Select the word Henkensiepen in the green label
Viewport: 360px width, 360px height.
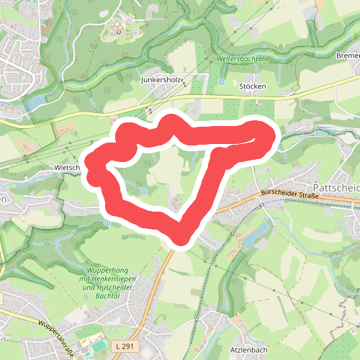[112, 279]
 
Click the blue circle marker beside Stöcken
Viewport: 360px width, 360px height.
[222, 82]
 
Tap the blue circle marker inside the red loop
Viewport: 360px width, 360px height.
[145, 191]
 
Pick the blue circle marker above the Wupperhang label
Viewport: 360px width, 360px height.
[107, 222]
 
